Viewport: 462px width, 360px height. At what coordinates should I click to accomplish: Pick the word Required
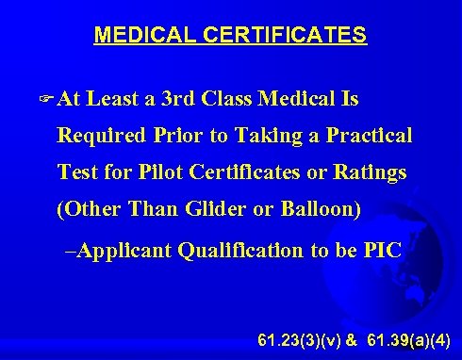pyautogui.click(x=99, y=136)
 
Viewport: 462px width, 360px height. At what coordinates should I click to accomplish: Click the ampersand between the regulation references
pyautogui.click(x=350, y=338)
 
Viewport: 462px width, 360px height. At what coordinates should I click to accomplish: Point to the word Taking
pyautogui.click(x=257, y=136)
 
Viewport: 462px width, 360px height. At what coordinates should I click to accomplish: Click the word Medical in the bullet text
pyautogui.click(x=315, y=99)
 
